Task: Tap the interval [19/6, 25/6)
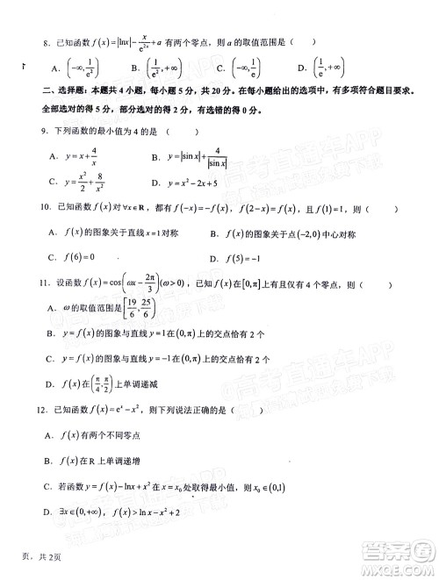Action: pyautogui.click(x=146, y=310)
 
